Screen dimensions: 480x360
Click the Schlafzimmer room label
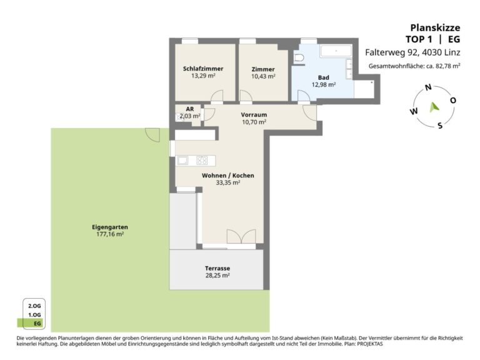click(203, 69)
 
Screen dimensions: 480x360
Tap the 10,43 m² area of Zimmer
click(263, 76)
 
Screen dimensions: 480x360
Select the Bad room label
click(324, 77)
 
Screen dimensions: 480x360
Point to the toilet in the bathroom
click(299, 57)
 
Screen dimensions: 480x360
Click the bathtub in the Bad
click(336, 51)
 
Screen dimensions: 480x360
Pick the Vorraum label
click(254, 115)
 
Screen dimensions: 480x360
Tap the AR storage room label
click(190, 109)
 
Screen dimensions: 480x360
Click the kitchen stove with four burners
click(202, 161)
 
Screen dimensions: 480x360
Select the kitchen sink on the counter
click(182, 161)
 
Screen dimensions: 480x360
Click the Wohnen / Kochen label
click(227, 176)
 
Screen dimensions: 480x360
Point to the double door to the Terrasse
click(241, 237)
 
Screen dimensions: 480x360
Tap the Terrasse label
click(217, 268)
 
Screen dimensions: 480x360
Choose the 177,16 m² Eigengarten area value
click(110, 234)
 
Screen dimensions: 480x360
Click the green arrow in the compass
click(434, 107)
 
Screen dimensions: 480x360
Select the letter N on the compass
click(428, 87)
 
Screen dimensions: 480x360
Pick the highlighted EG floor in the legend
click(34, 323)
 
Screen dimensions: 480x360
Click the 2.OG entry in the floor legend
click(34, 306)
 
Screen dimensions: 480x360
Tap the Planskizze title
click(435, 27)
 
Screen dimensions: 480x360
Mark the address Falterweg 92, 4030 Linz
click(412, 52)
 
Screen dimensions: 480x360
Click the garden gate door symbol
click(152, 135)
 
